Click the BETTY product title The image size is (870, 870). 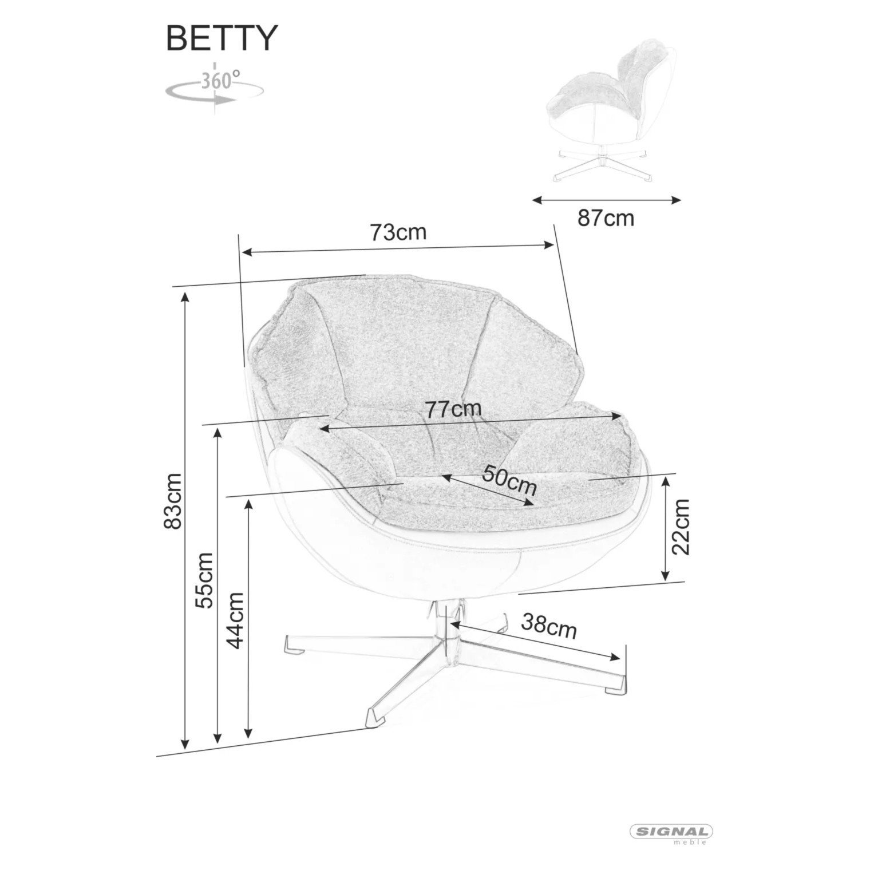pos(221,38)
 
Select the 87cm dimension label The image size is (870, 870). pos(606,218)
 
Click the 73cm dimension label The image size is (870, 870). pos(398,232)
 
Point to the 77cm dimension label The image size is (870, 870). pos(453,409)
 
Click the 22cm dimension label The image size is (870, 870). pos(681,527)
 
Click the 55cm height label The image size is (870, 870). pos(204,580)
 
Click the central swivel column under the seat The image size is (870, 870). pos(446,627)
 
